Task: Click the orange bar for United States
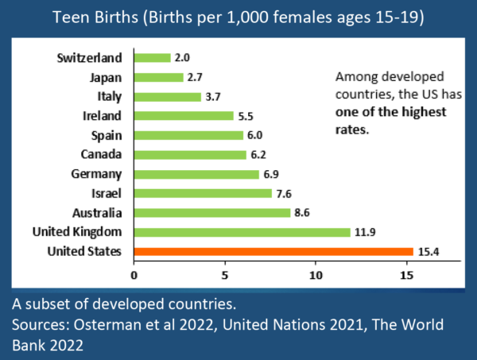click(x=273, y=251)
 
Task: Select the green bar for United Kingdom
click(x=242, y=232)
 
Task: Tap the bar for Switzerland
click(x=152, y=57)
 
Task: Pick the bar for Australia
click(x=212, y=212)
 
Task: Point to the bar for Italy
click(x=167, y=96)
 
